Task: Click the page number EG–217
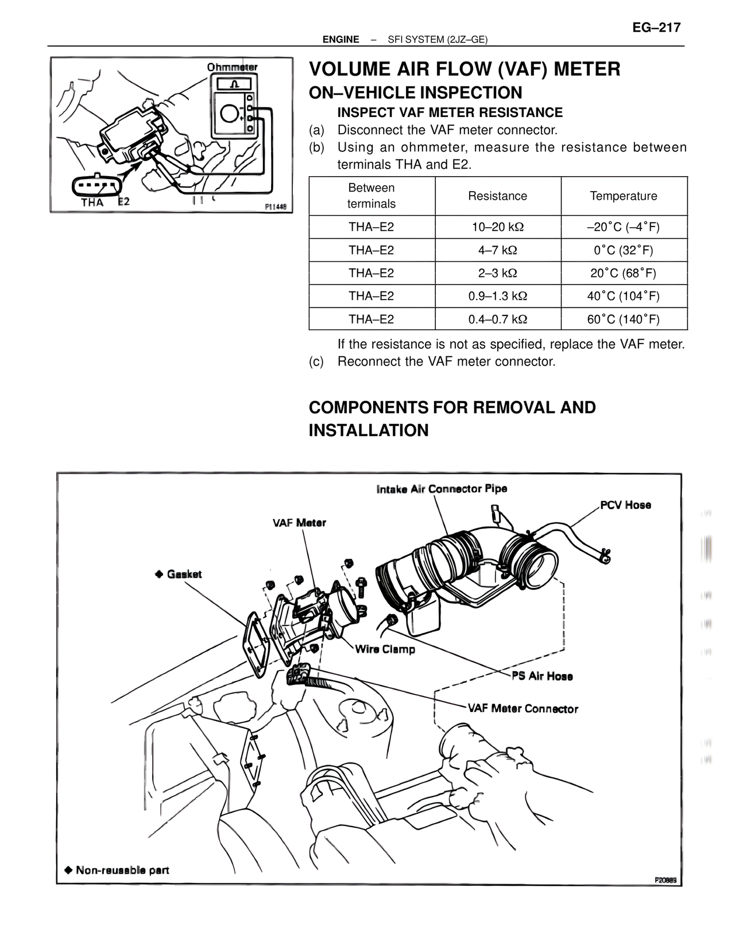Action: click(x=656, y=28)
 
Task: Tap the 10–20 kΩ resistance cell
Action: click(x=497, y=227)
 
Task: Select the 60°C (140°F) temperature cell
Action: click(x=623, y=319)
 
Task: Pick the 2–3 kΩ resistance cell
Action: click(x=497, y=273)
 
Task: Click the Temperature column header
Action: click(x=623, y=196)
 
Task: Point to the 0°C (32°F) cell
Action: click(x=623, y=250)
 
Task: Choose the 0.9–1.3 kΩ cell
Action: click(x=497, y=296)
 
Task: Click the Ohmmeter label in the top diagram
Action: click(x=232, y=67)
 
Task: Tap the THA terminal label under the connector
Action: click(x=92, y=203)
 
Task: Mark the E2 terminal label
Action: click(x=124, y=201)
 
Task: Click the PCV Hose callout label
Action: click(x=625, y=505)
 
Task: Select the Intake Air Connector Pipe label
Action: click(x=442, y=489)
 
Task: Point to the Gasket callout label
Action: click(x=184, y=574)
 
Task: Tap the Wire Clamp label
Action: click(x=385, y=649)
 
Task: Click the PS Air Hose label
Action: click(x=542, y=676)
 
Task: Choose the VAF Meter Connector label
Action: click(x=523, y=709)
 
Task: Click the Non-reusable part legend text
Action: click(x=122, y=870)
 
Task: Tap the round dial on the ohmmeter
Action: click(x=228, y=114)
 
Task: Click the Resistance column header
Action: click(x=497, y=196)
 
